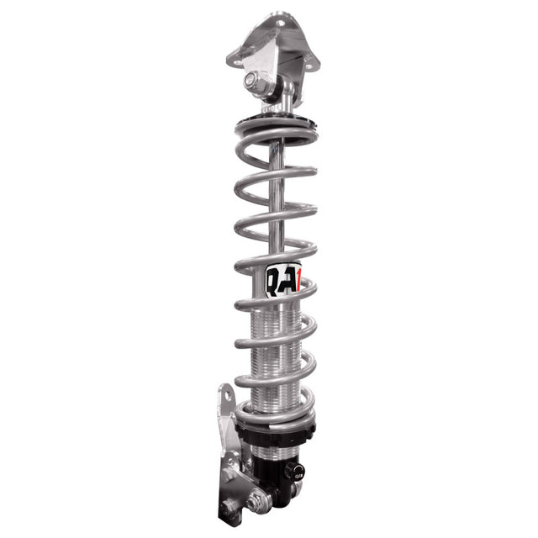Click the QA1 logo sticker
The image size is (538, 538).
[283, 281]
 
